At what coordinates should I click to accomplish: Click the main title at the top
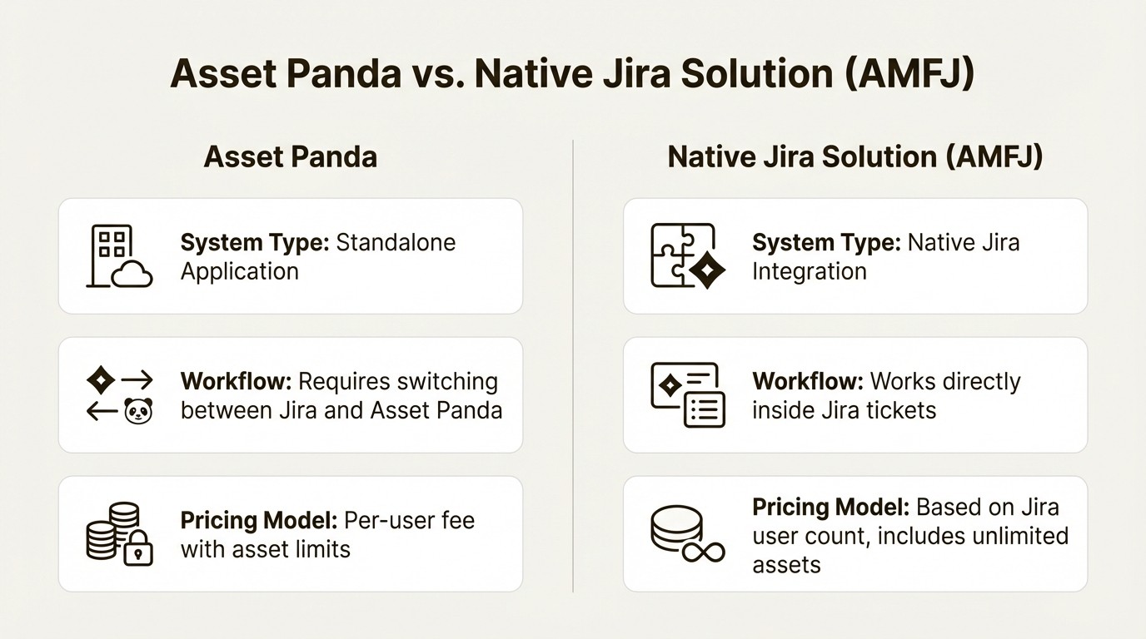[x=572, y=74]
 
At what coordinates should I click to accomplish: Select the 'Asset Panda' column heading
[x=290, y=156]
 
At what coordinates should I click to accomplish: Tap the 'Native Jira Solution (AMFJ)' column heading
[x=855, y=156]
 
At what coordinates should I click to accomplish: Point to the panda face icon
[x=137, y=410]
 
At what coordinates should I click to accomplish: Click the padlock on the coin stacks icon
[x=138, y=550]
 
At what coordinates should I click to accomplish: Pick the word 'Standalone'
[x=396, y=242]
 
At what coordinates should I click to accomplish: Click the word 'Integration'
[x=809, y=271]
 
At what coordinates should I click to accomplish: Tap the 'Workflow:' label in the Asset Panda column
[x=236, y=381]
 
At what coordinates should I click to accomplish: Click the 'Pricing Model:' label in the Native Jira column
[x=830, y=507]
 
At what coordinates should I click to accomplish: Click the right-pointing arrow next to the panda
[x=137, y=380]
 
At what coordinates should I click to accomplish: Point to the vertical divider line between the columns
[x=573, y=366]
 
